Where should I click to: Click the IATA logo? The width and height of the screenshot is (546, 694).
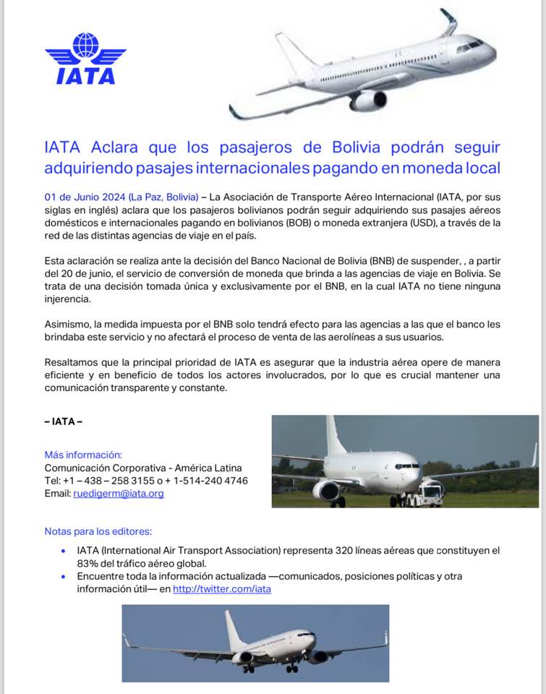[x=85, y=59]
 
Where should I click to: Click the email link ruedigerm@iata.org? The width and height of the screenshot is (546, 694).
[x=119, y=494]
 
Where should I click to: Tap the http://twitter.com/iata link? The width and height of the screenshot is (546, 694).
[x=222, y=589]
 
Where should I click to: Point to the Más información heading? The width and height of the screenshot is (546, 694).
[x=83, y=455]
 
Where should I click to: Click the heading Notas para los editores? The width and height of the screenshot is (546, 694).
[x=98, y=531]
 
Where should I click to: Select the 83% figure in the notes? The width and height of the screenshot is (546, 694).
[x=88, y=563]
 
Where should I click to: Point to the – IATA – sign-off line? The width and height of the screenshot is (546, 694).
[x=64, y=421]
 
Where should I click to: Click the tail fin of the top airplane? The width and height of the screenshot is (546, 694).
[x=448, y=22]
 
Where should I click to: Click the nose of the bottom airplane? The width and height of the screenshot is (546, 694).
[x=312, y=638]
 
